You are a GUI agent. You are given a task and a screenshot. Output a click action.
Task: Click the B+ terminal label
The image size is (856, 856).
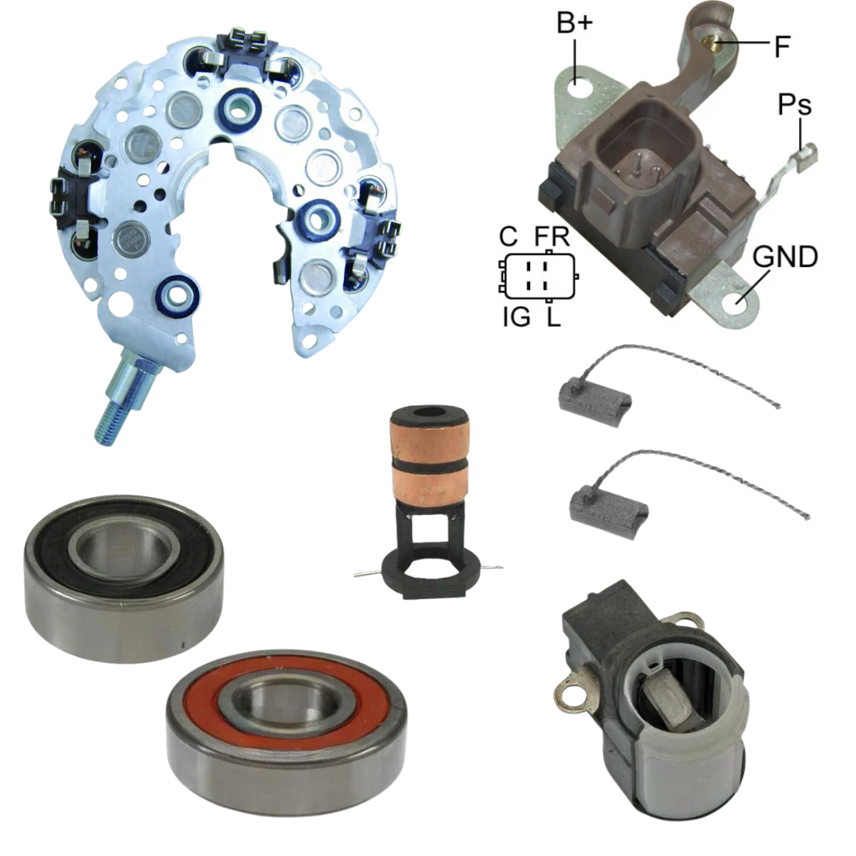pyautogui.click(x=575, y=23)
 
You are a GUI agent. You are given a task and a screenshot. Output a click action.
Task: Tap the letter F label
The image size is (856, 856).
pyautogui.click(x=782, y=47)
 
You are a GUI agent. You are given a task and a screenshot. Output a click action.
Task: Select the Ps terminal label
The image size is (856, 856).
pyautogui.click(x=794, y=104)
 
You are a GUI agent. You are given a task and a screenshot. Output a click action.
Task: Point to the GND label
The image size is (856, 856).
pyautogui.click(x=785, y=257)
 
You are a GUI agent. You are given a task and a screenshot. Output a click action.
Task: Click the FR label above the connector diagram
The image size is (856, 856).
pyautogui.click(x=552, y=236)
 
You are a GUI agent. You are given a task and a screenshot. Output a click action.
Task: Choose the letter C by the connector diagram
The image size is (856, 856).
pyautogui.click(x=508, y=236)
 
